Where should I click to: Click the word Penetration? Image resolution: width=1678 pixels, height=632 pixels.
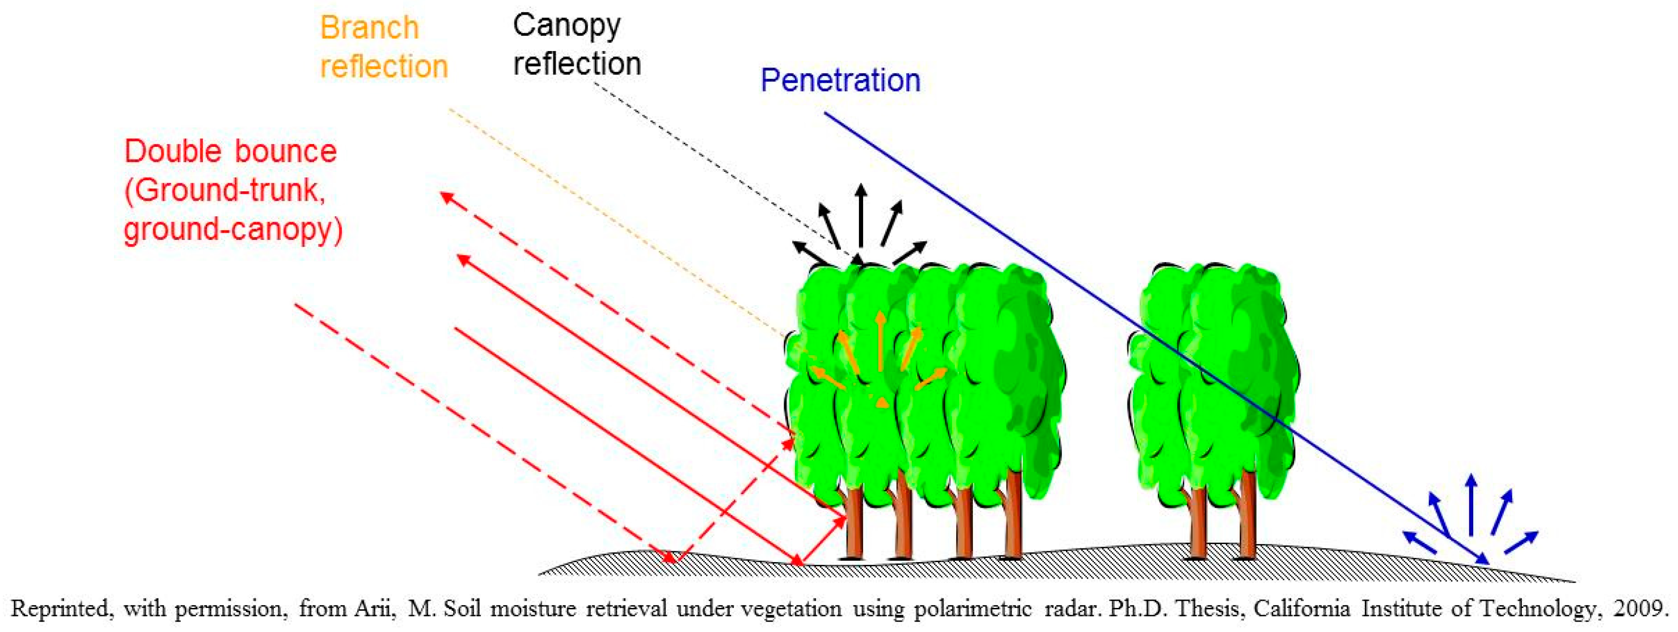(x=840, y=81)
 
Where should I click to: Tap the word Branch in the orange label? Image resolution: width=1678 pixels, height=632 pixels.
(x=369, y=28)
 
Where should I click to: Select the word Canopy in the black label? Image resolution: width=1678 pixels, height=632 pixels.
(x=566, y=26)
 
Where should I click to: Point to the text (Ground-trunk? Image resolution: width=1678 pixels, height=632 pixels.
(x=225, y=191)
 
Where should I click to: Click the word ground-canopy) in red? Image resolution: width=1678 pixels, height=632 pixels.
(x=233, y=230)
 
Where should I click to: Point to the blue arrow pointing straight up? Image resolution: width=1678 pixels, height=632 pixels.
(x=1471, y=504)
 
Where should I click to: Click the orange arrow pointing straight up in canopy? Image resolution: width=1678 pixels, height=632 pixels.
(x=880, y=342)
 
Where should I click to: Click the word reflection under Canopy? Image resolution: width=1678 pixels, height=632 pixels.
(x=577, y=64)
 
